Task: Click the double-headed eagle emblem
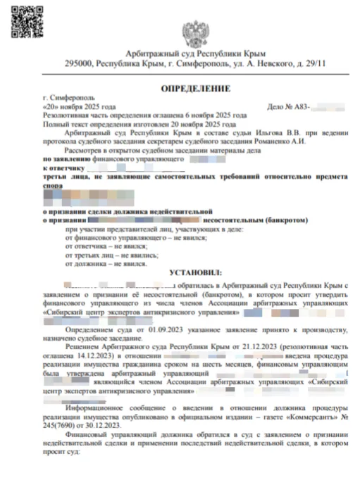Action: (x=195, y=32)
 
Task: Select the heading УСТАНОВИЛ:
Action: (x=195, y=272)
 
